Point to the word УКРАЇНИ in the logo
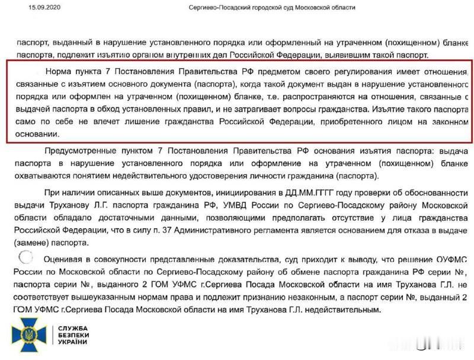pos(73,342)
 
